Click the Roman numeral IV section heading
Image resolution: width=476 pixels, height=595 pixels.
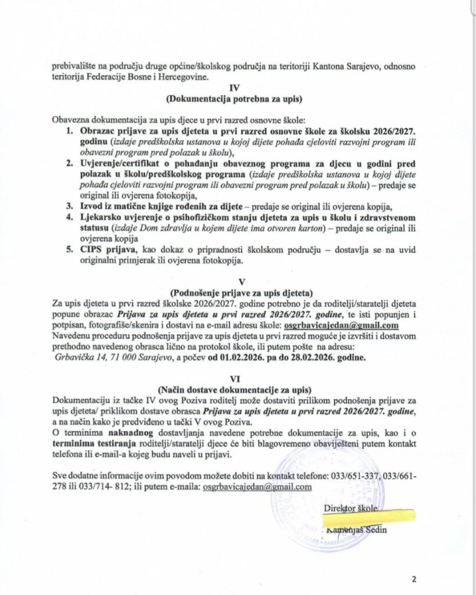235,88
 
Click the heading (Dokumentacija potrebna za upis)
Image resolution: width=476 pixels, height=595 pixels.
235,98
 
